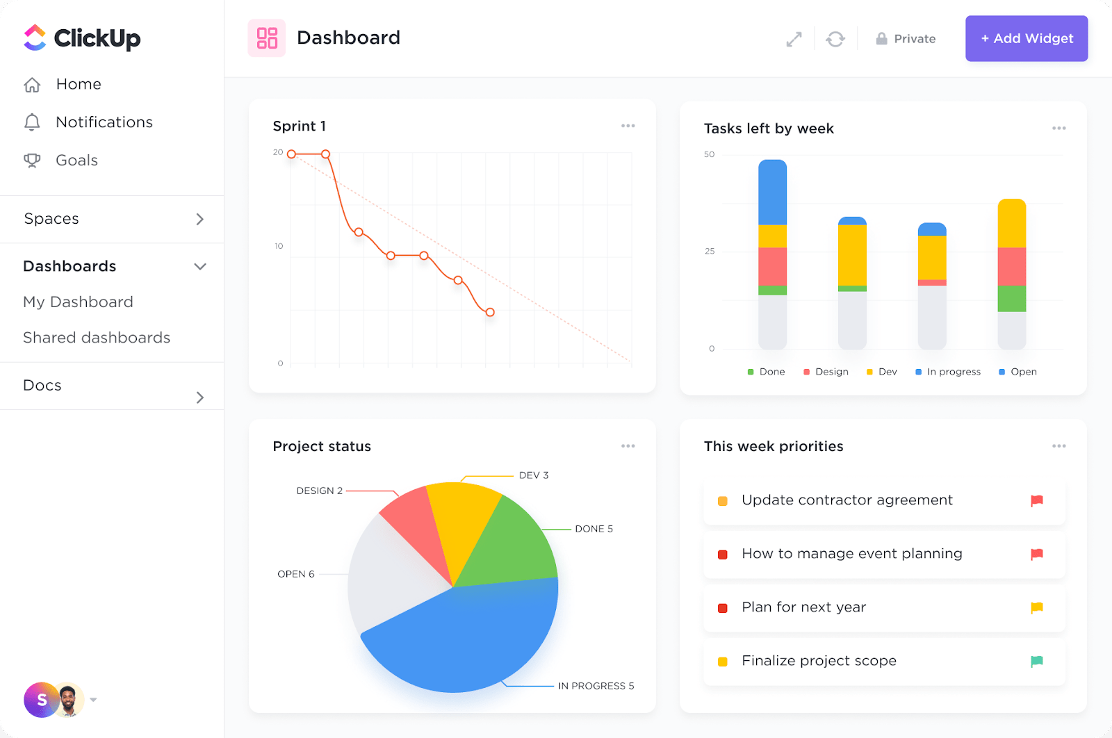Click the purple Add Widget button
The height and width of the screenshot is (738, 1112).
coord(1026,39)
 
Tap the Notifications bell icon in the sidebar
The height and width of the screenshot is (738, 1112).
coord(32,122)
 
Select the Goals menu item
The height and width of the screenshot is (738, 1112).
coord(76,161)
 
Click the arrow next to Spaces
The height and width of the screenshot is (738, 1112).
coord(200,219)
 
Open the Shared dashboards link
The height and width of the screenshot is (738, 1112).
coord(97,338)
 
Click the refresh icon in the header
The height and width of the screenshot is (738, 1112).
coord(835,39)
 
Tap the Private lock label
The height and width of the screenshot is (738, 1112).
coord(906,39)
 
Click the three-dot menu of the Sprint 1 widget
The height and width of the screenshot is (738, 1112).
coord(628,126)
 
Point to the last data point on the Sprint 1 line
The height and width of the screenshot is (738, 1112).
coord(490,312)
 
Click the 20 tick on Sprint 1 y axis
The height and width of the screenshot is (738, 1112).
coord(278,152)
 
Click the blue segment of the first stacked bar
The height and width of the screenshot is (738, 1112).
coord(772,193)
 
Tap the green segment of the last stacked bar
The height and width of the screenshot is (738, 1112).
coord(1011,299)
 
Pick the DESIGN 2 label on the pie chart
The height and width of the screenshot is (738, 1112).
coord(319,491)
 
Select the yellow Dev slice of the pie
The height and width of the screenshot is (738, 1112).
coord(461,521)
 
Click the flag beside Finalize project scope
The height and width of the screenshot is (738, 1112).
coord(1036,661)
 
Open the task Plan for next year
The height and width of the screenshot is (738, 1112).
coord(803,607)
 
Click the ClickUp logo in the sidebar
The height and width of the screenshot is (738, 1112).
coord(82,38)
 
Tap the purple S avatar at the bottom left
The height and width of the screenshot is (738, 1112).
coord(41,700)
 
